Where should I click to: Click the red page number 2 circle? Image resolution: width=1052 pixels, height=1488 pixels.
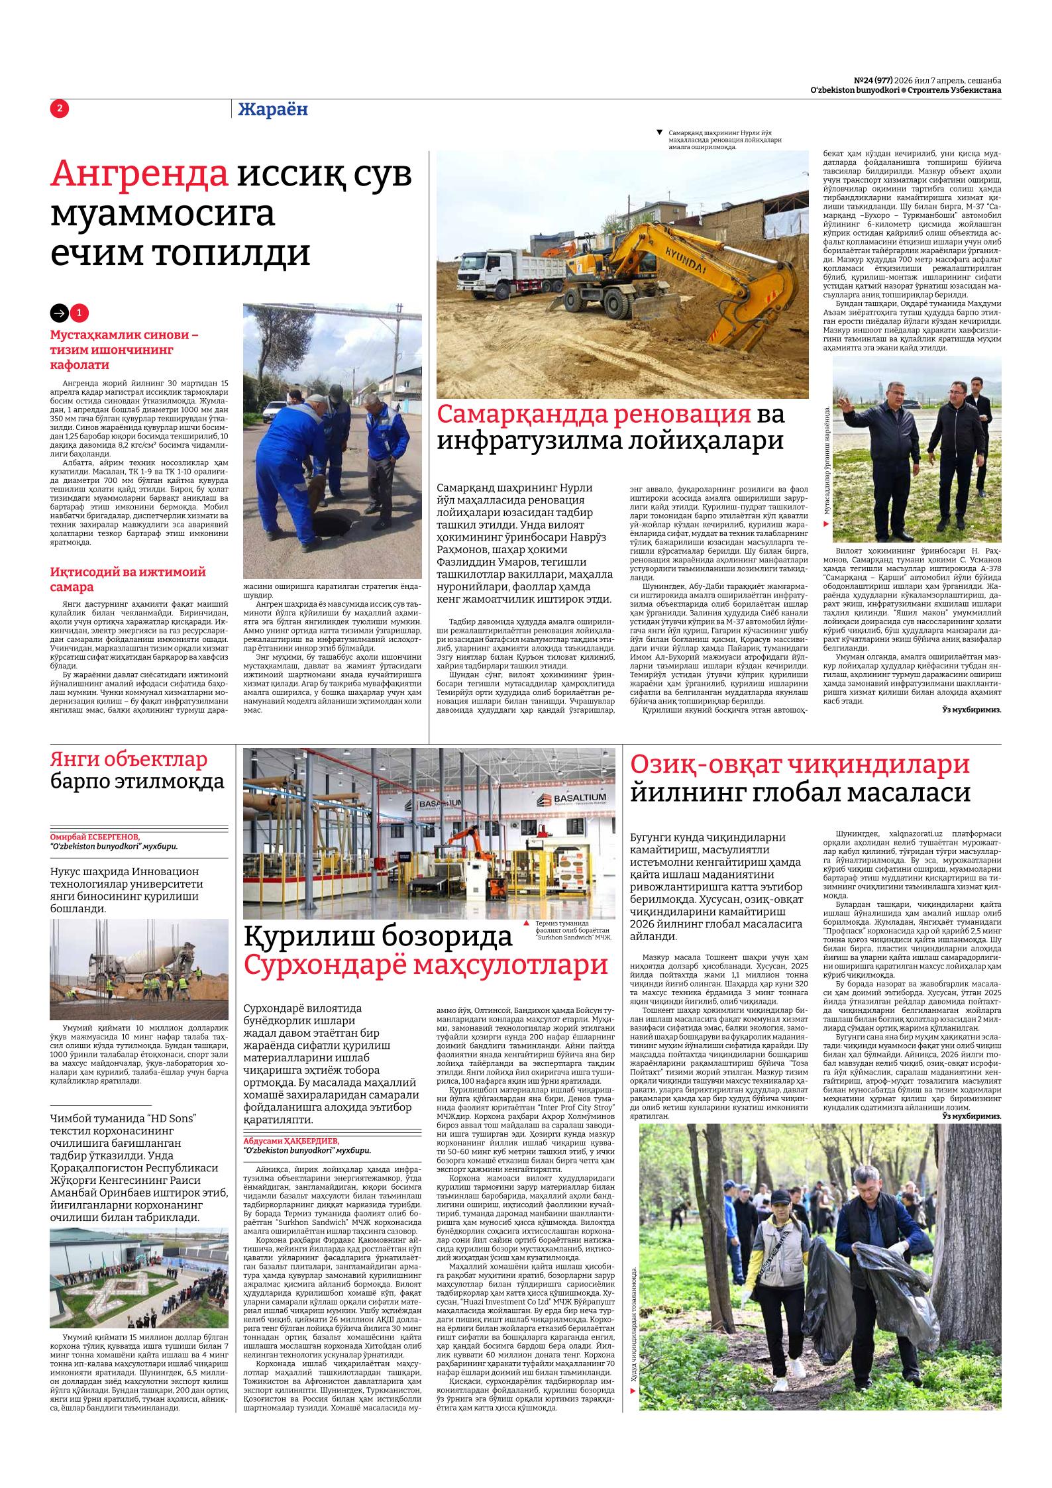coord(60,109)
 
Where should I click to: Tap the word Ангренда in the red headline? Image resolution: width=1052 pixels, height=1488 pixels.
coord(139,174)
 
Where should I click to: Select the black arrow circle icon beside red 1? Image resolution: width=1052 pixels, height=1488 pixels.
coord(60,313)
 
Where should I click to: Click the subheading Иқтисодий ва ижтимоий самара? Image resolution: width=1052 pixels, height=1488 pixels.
coord(128,579)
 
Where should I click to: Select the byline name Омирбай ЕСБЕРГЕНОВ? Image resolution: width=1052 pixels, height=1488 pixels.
coord(99,837)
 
